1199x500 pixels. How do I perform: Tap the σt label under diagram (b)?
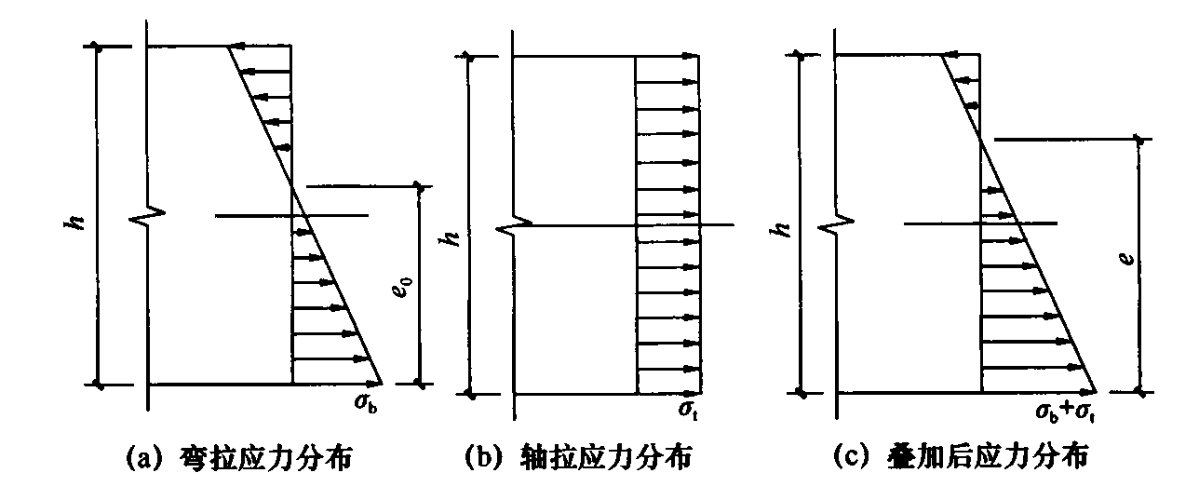688,412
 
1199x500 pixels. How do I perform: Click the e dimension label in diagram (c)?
1127,259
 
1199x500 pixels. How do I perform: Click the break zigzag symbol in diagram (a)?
148,216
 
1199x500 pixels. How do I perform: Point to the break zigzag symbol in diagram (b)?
514,226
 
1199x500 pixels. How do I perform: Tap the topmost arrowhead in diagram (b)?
691,56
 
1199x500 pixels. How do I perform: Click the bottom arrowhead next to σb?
373,384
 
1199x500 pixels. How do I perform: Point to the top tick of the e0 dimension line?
420,187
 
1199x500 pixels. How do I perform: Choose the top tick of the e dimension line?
1139,140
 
